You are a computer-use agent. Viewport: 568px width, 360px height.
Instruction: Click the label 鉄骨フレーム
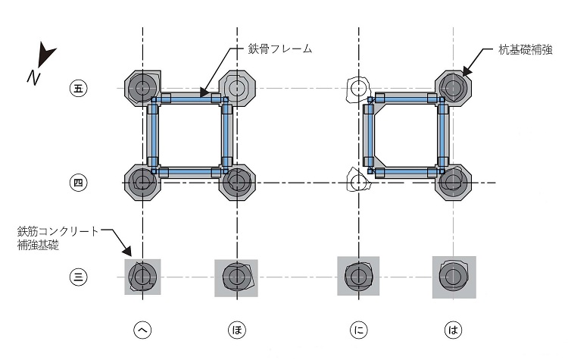[x=280, y=49]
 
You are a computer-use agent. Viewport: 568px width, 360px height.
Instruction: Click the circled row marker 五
[x=77, y=88]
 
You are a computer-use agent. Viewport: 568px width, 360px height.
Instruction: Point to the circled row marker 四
[x=77, y=182]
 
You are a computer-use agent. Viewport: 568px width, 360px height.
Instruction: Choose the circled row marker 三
[x=77, y=277]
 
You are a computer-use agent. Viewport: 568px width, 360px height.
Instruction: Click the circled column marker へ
[x=142, y=330]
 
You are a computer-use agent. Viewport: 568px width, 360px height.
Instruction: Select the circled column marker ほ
[x=236, y=330]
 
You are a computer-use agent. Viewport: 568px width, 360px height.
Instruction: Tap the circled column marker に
[x=358, y=330]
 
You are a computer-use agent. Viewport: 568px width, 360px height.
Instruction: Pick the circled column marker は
[x=453, y=330]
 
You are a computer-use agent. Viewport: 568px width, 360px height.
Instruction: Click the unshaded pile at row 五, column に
[x=357, y=89]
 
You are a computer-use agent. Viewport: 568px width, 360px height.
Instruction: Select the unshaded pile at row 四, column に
[x=357, y=182]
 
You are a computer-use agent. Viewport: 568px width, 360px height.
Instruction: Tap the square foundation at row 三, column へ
[x=142, y=277]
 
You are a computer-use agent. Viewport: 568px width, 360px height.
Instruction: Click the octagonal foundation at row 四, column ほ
[x=237, y=182]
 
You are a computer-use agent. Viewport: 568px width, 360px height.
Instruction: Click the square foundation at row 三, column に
[x=357, y=277]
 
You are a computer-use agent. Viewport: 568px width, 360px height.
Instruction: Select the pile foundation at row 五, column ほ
[x=237, y=88]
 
